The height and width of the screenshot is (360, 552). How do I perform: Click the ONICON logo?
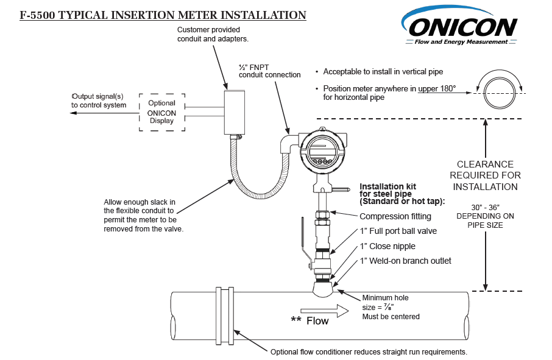[462, 27]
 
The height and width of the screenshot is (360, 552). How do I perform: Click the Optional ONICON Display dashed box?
[161, 111]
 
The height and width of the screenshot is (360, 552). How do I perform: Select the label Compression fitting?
[395, 216]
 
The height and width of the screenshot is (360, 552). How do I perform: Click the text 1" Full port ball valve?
[398, 231]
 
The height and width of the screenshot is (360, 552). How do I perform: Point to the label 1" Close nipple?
[387, 246]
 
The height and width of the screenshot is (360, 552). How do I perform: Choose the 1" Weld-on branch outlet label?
[405, 261]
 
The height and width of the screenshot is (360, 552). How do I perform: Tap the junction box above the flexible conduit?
[234, 112]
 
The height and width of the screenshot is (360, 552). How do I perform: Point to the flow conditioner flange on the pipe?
[224, 316]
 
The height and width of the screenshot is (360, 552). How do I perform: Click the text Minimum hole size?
[385, 303]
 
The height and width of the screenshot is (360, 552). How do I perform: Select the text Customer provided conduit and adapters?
[208, 34]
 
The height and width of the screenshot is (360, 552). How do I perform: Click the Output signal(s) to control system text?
[99, 101]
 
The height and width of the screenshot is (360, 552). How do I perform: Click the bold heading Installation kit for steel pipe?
[403, 194]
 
